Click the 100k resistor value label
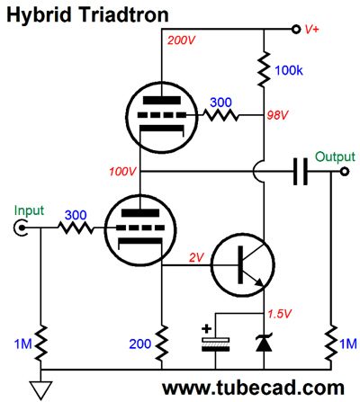point(289,70)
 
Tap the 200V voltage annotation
point(181,40)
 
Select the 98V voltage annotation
point(277,115)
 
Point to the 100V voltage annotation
point(122,172)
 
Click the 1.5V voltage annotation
point(280,314)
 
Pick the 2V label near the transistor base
point(196,257)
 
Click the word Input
point(29,211)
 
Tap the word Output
point(335,156)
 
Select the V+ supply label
point(311,30)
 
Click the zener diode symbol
point(264,343)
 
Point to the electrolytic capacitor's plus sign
point(206,329)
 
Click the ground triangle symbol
point(40,390)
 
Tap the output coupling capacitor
point(300,172)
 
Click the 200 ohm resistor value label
point(139,344)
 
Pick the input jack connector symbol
point(20,228)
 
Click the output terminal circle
point(345,172)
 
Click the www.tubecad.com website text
point(253,388)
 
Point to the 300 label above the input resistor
point(76,215)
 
